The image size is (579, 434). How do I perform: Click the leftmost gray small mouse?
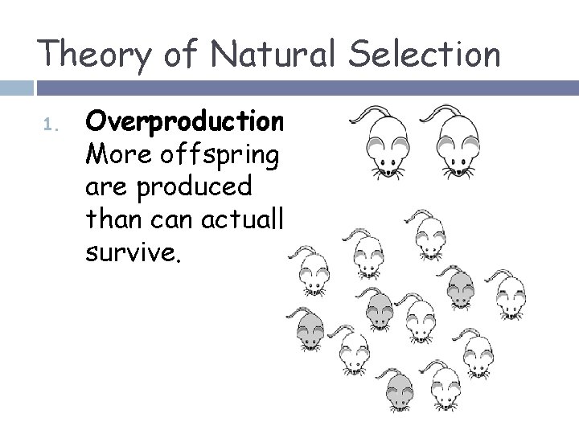[x=311, y=330]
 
